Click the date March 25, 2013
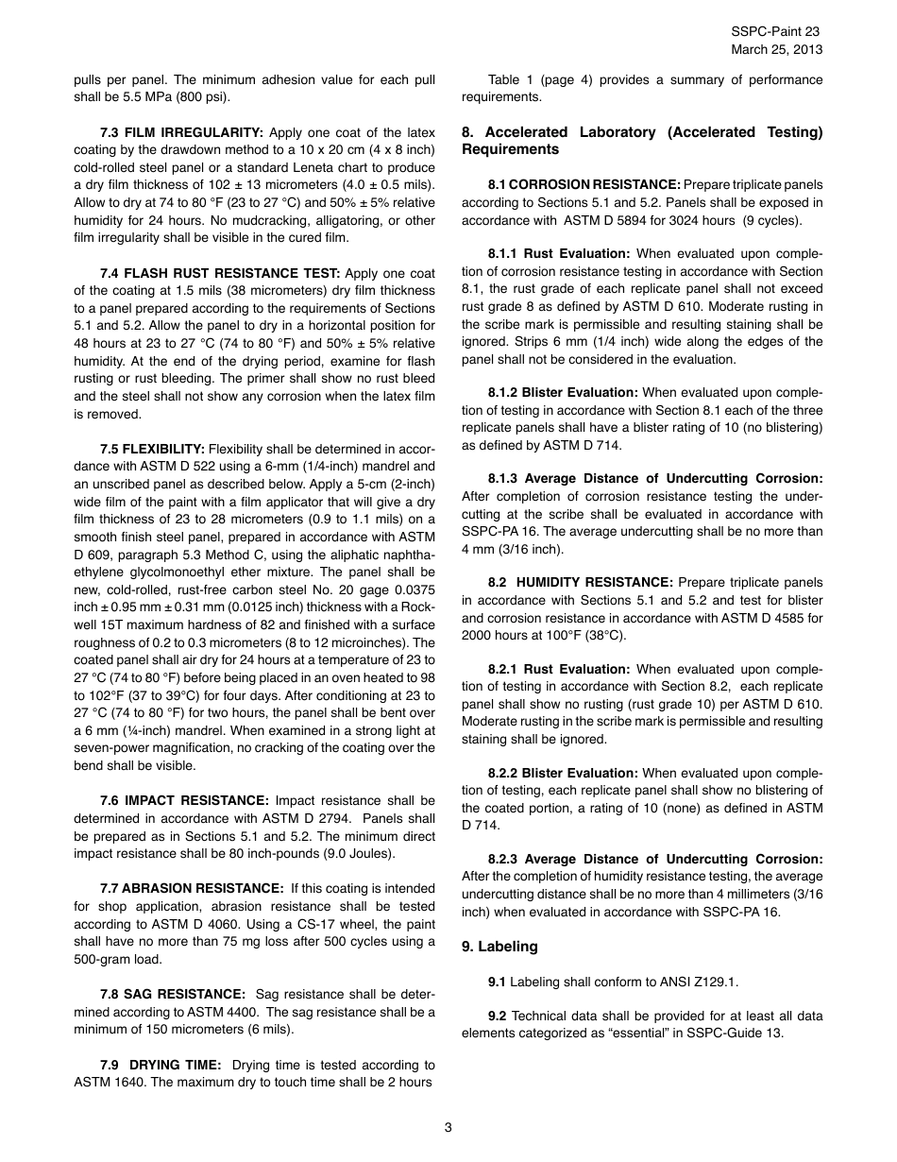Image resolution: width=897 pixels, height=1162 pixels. pyautogui.click(x=776, y=49)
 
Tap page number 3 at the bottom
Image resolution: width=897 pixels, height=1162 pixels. pyautogui.click(x=448, y=1126)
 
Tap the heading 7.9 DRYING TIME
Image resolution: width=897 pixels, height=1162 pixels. pyautogui.click(x=161, y=1065)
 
